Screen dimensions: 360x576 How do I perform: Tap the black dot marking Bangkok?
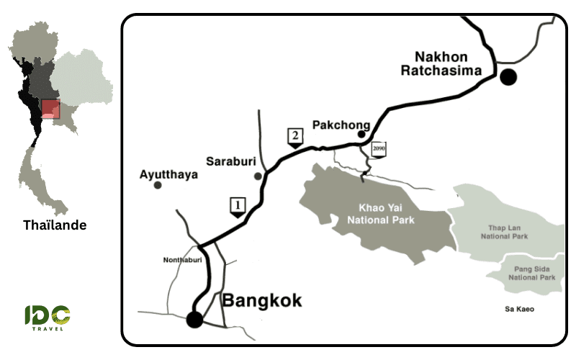[193, 319]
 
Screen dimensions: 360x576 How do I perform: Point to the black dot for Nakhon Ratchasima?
[510, 77]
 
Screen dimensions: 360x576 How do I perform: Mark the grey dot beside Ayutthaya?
[158, 186]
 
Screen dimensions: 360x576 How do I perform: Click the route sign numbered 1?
[237, 206]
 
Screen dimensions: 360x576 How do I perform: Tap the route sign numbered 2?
[294, 136]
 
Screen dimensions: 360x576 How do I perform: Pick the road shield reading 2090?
[379, 149]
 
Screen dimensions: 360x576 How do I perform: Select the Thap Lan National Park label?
[504, 232]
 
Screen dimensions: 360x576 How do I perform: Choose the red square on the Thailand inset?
[50, 109]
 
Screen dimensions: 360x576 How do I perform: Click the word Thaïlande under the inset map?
[55, 225]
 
